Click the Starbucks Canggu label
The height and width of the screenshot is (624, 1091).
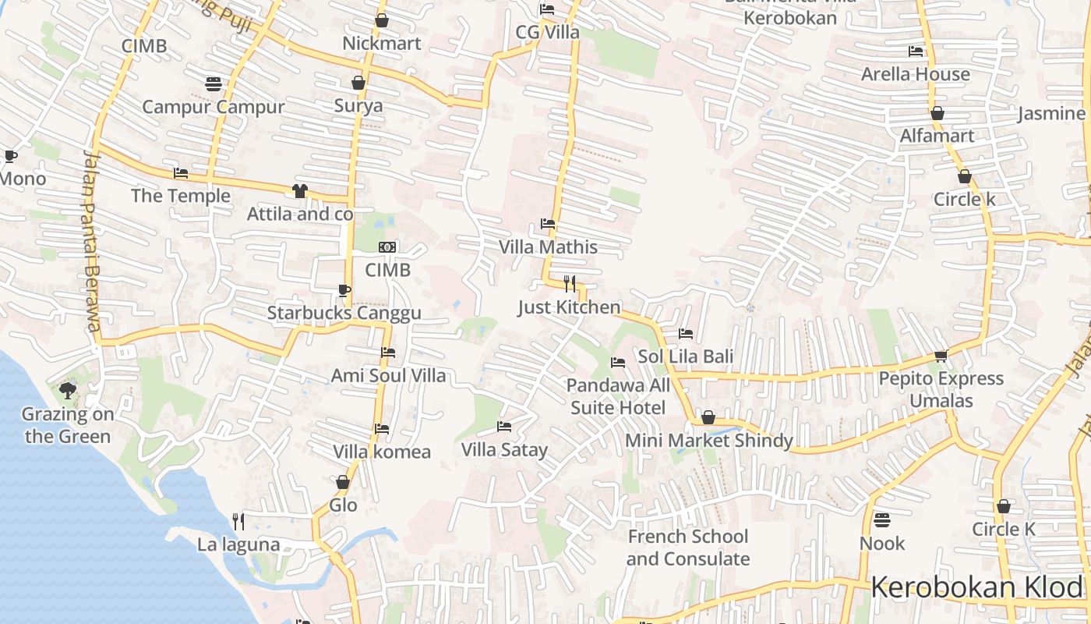(344, 313)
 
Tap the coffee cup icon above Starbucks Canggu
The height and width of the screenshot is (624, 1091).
(344, 291)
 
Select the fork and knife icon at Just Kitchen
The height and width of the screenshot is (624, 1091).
(570, 284)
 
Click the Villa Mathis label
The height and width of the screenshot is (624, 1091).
(548, 247)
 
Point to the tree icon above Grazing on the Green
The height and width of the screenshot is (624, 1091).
(68, 390)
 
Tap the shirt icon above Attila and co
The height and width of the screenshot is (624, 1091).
(300, 191)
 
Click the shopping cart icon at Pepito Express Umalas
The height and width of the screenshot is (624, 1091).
(941, 356)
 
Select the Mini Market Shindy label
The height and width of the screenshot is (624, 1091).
(708, 441)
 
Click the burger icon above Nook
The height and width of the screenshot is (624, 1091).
(882, 519)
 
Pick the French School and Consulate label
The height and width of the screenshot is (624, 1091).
(688, 548)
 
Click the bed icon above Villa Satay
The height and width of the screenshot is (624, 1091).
(504, 427)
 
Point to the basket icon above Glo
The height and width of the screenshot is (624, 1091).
(343, 482)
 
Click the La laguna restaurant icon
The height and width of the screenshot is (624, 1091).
(238, 521)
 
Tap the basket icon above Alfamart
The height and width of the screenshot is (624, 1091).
(937, 113)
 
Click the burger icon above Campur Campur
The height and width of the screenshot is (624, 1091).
(214, 83)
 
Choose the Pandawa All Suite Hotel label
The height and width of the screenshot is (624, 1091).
(618, 396)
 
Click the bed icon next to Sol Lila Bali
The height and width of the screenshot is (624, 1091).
(686, 334)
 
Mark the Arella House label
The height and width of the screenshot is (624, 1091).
(915, 74)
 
